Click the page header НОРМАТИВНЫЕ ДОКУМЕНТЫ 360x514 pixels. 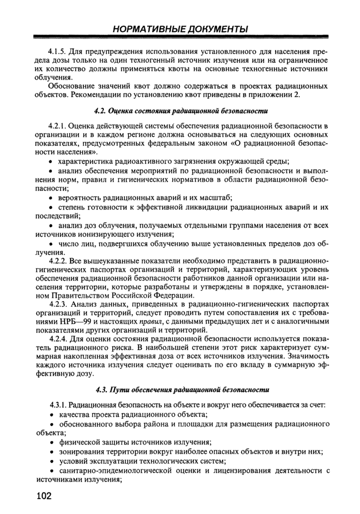click(x=179, y=29)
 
